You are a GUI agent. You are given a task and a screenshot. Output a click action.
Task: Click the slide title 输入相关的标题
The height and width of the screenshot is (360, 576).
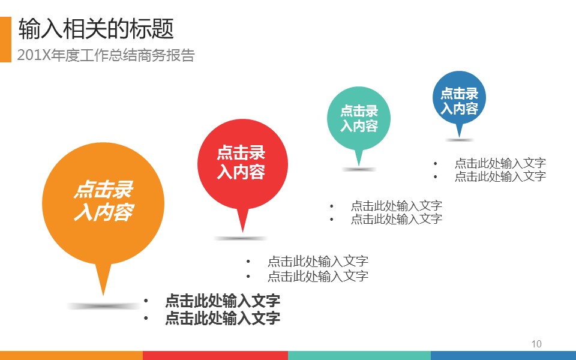pos(96,29)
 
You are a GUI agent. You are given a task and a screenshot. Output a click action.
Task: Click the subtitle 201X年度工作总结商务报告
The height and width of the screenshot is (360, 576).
pos(106,55)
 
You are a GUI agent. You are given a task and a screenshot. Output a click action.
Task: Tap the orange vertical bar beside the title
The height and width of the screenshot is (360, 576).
pos(5,40)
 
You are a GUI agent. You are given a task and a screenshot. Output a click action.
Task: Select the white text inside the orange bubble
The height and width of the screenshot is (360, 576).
pos(104,201)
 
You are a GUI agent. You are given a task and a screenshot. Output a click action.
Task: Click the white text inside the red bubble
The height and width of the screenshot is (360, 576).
pos(241,163)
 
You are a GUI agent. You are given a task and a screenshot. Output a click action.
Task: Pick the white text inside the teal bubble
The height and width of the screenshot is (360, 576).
pos(359,118)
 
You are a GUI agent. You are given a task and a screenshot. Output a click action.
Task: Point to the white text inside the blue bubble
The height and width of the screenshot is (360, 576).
pos(459,101)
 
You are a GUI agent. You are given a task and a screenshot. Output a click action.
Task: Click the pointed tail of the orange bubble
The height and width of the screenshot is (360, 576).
pos(103,295)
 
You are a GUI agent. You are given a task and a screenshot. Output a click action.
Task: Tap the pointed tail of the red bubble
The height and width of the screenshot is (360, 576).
pos(242,232)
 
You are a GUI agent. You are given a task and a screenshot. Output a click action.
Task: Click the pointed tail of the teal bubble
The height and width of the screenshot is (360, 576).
pos(359,165)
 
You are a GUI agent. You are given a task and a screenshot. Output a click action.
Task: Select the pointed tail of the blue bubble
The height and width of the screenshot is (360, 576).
pos(459,137)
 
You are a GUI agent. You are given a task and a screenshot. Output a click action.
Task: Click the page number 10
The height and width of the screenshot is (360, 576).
pos(536,344)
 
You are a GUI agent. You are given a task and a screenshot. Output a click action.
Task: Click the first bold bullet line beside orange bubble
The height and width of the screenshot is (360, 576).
pos(223,301)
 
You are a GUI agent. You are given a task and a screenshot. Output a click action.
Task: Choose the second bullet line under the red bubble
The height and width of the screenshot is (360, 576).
pos(318,276)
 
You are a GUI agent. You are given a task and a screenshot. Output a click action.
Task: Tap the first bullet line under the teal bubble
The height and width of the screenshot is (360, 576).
pos(397,205)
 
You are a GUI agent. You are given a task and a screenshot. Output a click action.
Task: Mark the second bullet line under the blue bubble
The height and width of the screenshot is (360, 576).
pos(500,176)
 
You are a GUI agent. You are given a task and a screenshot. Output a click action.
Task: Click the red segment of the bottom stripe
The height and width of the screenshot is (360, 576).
pos(215,355)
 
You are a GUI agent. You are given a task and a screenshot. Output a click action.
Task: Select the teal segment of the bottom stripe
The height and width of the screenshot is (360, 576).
pos(359,355)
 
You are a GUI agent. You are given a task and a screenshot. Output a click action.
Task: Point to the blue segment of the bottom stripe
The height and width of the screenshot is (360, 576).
pos(503,355)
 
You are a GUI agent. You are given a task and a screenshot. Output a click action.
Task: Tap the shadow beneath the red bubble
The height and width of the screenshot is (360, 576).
pos(241,238)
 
